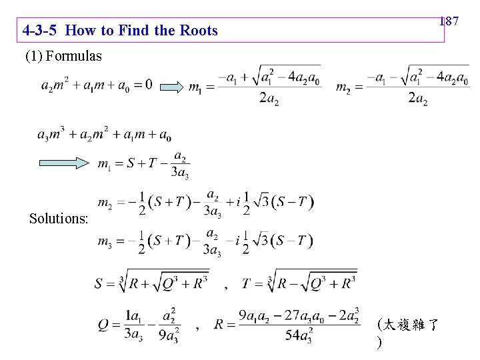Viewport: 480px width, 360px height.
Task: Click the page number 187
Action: click(x=449, y=22)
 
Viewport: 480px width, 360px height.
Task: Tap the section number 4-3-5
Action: click(x=41, y=31)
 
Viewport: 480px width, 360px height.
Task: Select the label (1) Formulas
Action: click(x=63, y=56)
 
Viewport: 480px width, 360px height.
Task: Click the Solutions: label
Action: click(x=59, y=219)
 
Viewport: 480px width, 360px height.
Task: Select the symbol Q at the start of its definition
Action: click(x=103, y=325)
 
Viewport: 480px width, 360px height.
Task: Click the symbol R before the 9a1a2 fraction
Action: click(x=219, y=325)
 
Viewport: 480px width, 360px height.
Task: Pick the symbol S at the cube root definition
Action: click(x=99, y=283)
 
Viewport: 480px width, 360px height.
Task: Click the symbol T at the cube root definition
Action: click(x=247, y=283)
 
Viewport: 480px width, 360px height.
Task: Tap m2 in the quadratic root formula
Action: click(x=343, y=87)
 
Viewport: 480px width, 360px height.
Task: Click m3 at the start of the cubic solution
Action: click(x=105, y=241)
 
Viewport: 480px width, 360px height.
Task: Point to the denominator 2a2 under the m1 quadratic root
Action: click(x=269, y=100)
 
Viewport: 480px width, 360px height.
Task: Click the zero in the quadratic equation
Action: click(x=147, y=85)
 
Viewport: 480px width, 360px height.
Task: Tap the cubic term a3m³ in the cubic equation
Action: click(x=51, y=135)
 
